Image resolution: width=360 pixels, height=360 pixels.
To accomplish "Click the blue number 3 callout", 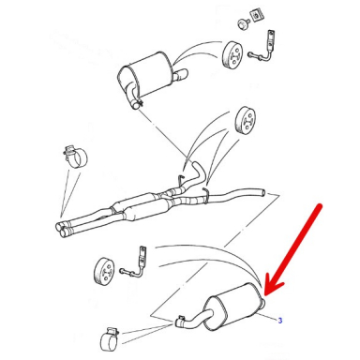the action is [x=280, y=321].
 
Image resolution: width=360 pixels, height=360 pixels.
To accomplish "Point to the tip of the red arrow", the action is [x=265, y=295].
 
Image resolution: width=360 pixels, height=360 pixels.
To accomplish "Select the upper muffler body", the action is [x=145, y=76].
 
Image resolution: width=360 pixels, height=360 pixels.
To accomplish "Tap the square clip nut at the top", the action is [x=256, y=16].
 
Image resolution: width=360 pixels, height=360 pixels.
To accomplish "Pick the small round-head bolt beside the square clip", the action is [x=243, y=24].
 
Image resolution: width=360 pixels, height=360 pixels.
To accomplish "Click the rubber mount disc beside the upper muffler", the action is [x=232, y=54].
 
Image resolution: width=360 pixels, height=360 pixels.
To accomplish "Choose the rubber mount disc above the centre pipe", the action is [x=246, y=119].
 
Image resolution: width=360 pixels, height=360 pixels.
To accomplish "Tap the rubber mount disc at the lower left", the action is [x=104, y=271].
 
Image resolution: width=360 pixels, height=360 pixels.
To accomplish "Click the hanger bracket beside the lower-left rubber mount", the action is [x=134, y=262].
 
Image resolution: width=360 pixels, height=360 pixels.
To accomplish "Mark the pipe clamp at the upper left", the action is [x=75, y=157].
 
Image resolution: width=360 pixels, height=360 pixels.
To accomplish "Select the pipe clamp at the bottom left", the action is [x=110, y=339].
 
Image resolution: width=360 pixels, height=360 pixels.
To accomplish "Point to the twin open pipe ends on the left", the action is [x=64, y=229].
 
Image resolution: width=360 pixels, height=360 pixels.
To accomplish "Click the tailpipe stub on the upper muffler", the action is [x=181, y=76].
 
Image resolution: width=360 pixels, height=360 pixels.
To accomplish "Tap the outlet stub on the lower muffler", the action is [x=262, y=303].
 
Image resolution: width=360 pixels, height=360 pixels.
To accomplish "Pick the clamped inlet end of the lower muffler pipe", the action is [x=180, y=322].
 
